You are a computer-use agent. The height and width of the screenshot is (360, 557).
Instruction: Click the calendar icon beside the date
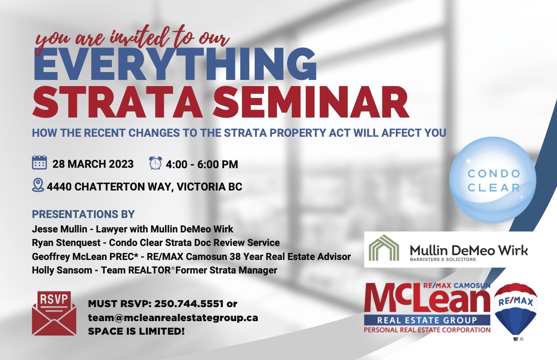point(40,163)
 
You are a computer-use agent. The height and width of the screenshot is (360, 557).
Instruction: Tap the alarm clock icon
point(156,163)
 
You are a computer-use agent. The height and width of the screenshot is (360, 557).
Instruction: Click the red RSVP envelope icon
point(54,313)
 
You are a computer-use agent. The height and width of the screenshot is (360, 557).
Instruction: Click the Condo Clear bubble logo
point(493,180)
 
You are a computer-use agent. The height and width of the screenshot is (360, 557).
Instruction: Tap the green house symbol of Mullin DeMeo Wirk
point(384,248)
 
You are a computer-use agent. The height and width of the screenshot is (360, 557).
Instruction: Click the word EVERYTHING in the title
point(175,64)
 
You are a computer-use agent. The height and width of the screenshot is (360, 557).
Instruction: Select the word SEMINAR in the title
point(311,102)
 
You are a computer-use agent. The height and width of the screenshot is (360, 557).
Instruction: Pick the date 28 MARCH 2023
point(93,164)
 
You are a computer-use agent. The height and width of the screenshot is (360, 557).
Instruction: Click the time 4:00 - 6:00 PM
point(202,164)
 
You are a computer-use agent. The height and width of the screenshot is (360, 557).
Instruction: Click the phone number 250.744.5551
point(189,304)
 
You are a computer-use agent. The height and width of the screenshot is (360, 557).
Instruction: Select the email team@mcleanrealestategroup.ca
point(173,318)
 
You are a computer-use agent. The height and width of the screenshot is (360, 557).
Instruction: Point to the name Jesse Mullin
point(59,229)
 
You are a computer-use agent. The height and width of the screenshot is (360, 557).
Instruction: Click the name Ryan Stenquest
point(66,242)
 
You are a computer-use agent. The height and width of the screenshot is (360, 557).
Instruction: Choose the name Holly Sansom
point(62,270)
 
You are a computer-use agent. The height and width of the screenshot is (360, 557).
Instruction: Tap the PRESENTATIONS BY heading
point(83,215)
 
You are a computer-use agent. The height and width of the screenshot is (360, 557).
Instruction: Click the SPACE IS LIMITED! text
point(136,332)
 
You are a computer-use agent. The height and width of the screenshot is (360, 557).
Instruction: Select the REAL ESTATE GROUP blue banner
point(427,320)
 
